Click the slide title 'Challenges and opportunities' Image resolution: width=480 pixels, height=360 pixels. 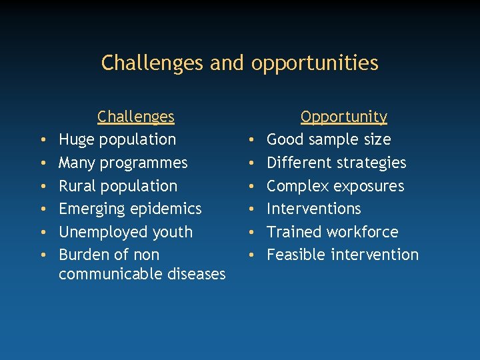point(239,63)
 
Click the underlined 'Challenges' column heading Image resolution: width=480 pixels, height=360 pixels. point(135,117)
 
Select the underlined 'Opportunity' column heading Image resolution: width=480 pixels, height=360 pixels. point(343,117)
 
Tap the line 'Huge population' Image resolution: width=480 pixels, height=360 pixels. point(117,140)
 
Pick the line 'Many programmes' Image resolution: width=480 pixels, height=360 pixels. point(123,163)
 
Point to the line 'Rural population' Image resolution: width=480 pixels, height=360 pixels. point(118,186)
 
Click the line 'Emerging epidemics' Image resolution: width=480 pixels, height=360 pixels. point(130,209)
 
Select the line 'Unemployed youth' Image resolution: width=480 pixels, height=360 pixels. point(125,232)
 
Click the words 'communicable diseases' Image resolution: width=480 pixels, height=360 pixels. point(142,274)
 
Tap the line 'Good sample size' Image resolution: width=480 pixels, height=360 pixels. point(329,140)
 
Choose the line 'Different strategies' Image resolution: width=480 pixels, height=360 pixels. point(336,163)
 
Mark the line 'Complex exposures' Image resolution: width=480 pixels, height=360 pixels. point(335,186)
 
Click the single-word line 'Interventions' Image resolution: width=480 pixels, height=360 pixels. point(313,209)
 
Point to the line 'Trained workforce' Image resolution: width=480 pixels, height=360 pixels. point(332,232)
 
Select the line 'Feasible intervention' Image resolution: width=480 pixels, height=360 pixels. point(343,255)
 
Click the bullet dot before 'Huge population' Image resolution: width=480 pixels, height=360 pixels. point(42,141)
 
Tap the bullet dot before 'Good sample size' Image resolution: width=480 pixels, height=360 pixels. point(249,141)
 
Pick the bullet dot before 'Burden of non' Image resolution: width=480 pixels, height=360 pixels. point(42,255)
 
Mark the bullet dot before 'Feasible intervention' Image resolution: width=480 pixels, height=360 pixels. point(249,255)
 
